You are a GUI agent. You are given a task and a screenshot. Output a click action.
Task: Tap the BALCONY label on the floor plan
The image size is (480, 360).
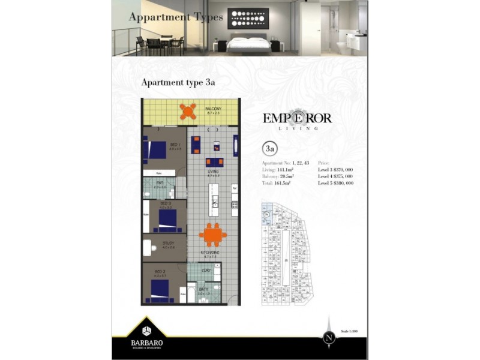point(214,109)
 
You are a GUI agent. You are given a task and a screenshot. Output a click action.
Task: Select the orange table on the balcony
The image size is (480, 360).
point(188,111)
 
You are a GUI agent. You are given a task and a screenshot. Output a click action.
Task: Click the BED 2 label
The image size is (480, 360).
point(160,272)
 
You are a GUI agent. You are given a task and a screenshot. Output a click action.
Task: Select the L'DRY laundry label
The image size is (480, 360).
point(206,271)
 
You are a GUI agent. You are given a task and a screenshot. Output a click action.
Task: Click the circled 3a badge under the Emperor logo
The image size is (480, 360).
point(270,148)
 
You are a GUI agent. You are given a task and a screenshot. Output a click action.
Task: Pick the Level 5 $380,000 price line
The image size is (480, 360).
point(335,183)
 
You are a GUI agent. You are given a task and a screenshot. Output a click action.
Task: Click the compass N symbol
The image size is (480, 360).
point(329,337)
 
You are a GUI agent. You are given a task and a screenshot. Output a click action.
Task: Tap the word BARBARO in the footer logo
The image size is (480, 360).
point(147,343)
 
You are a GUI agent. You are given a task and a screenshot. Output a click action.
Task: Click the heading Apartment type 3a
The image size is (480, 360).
point(178,83)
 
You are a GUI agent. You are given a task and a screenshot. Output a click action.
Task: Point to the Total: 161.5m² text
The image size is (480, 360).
point(277,183)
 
